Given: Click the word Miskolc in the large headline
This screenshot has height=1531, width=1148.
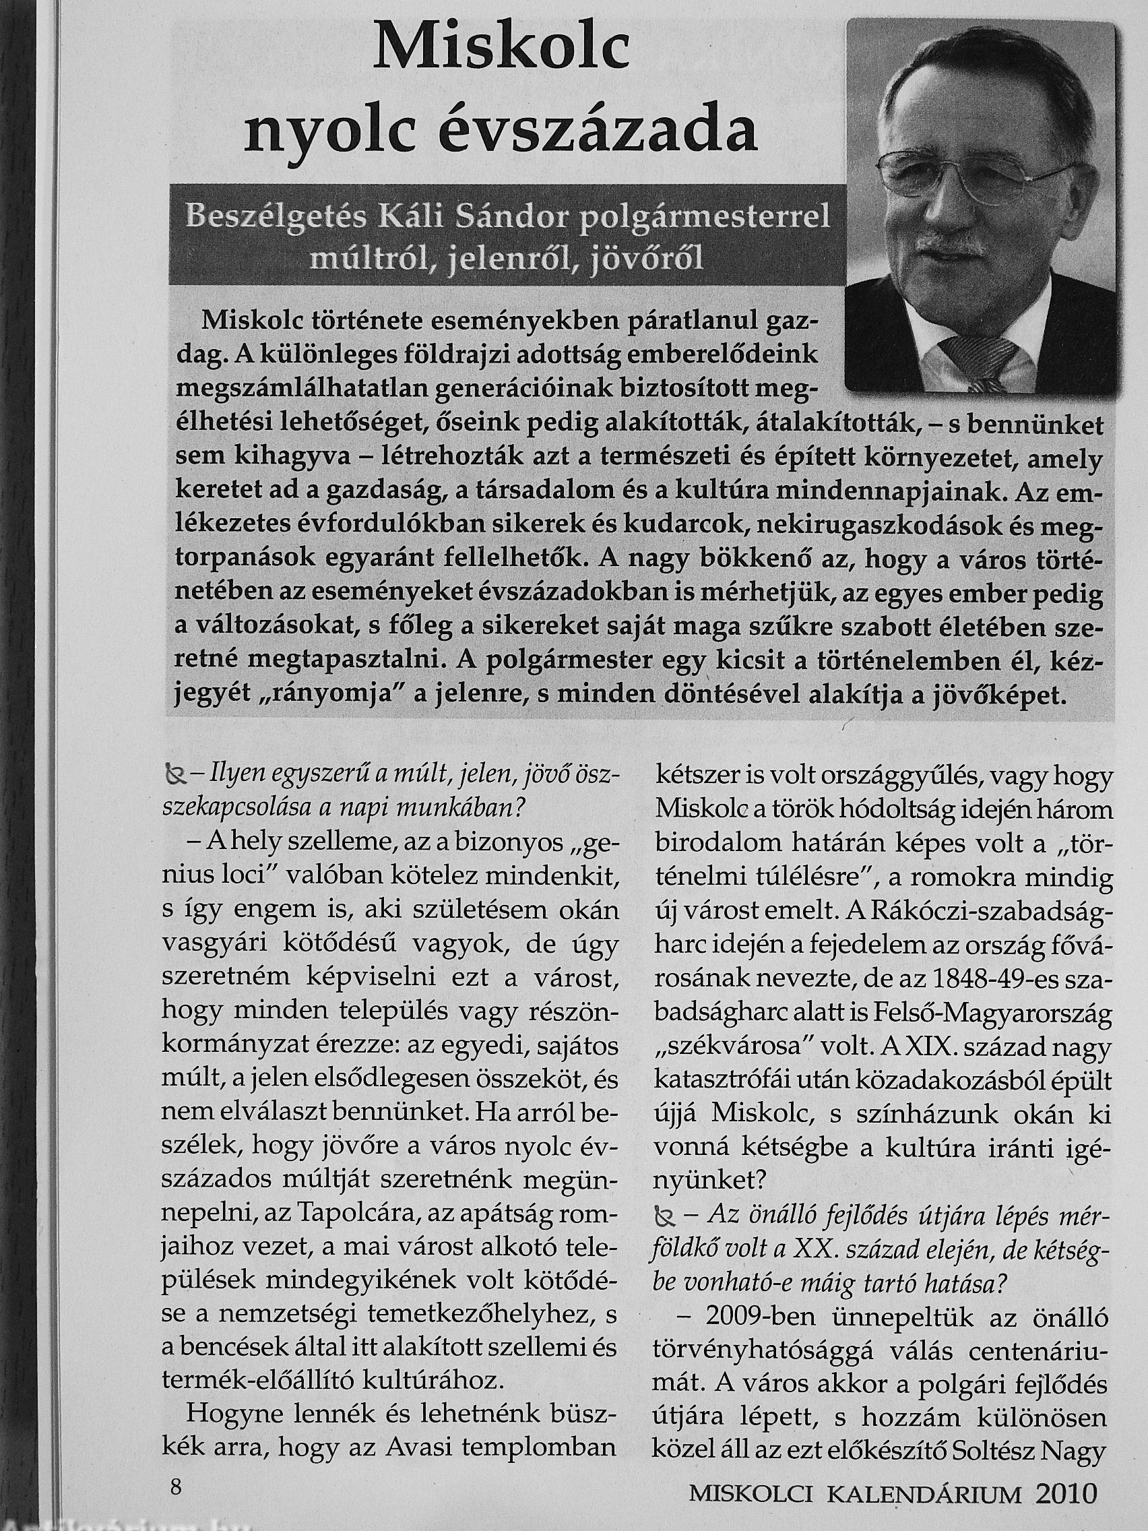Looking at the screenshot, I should [501, 49].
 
